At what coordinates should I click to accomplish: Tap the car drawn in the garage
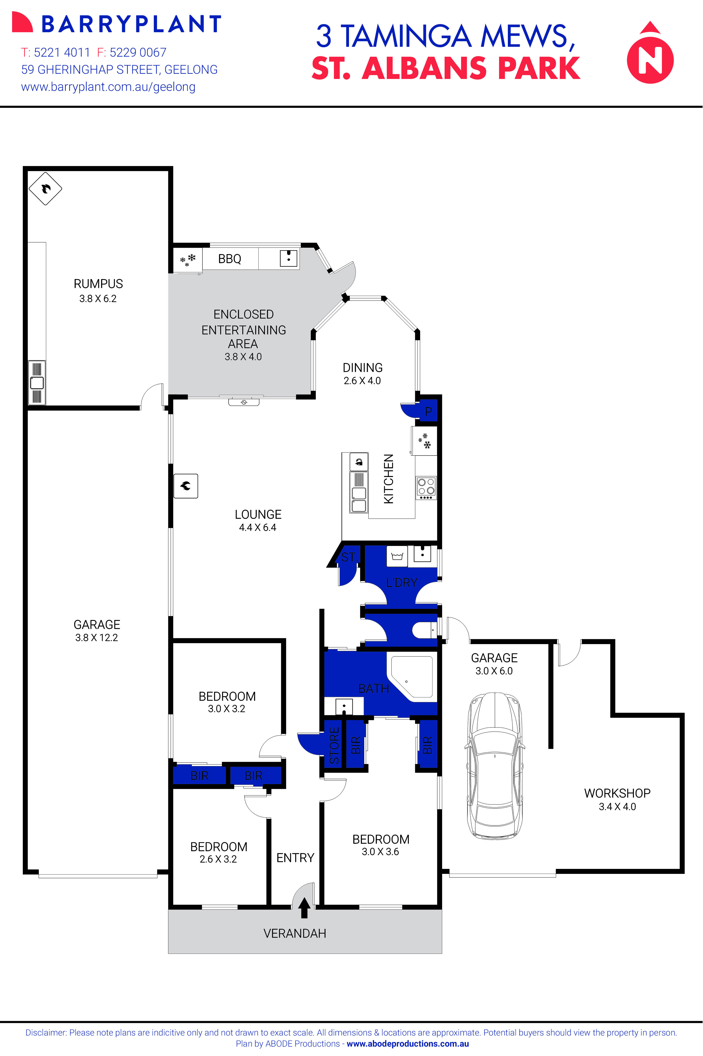[x=494, y=765]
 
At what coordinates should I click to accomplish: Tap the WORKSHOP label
[x=617, y=793]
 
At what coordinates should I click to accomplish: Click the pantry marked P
[x=428, y=411]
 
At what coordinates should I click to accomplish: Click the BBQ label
[x=230, y=259]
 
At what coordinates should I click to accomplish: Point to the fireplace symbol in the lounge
[x=186, y=486]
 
